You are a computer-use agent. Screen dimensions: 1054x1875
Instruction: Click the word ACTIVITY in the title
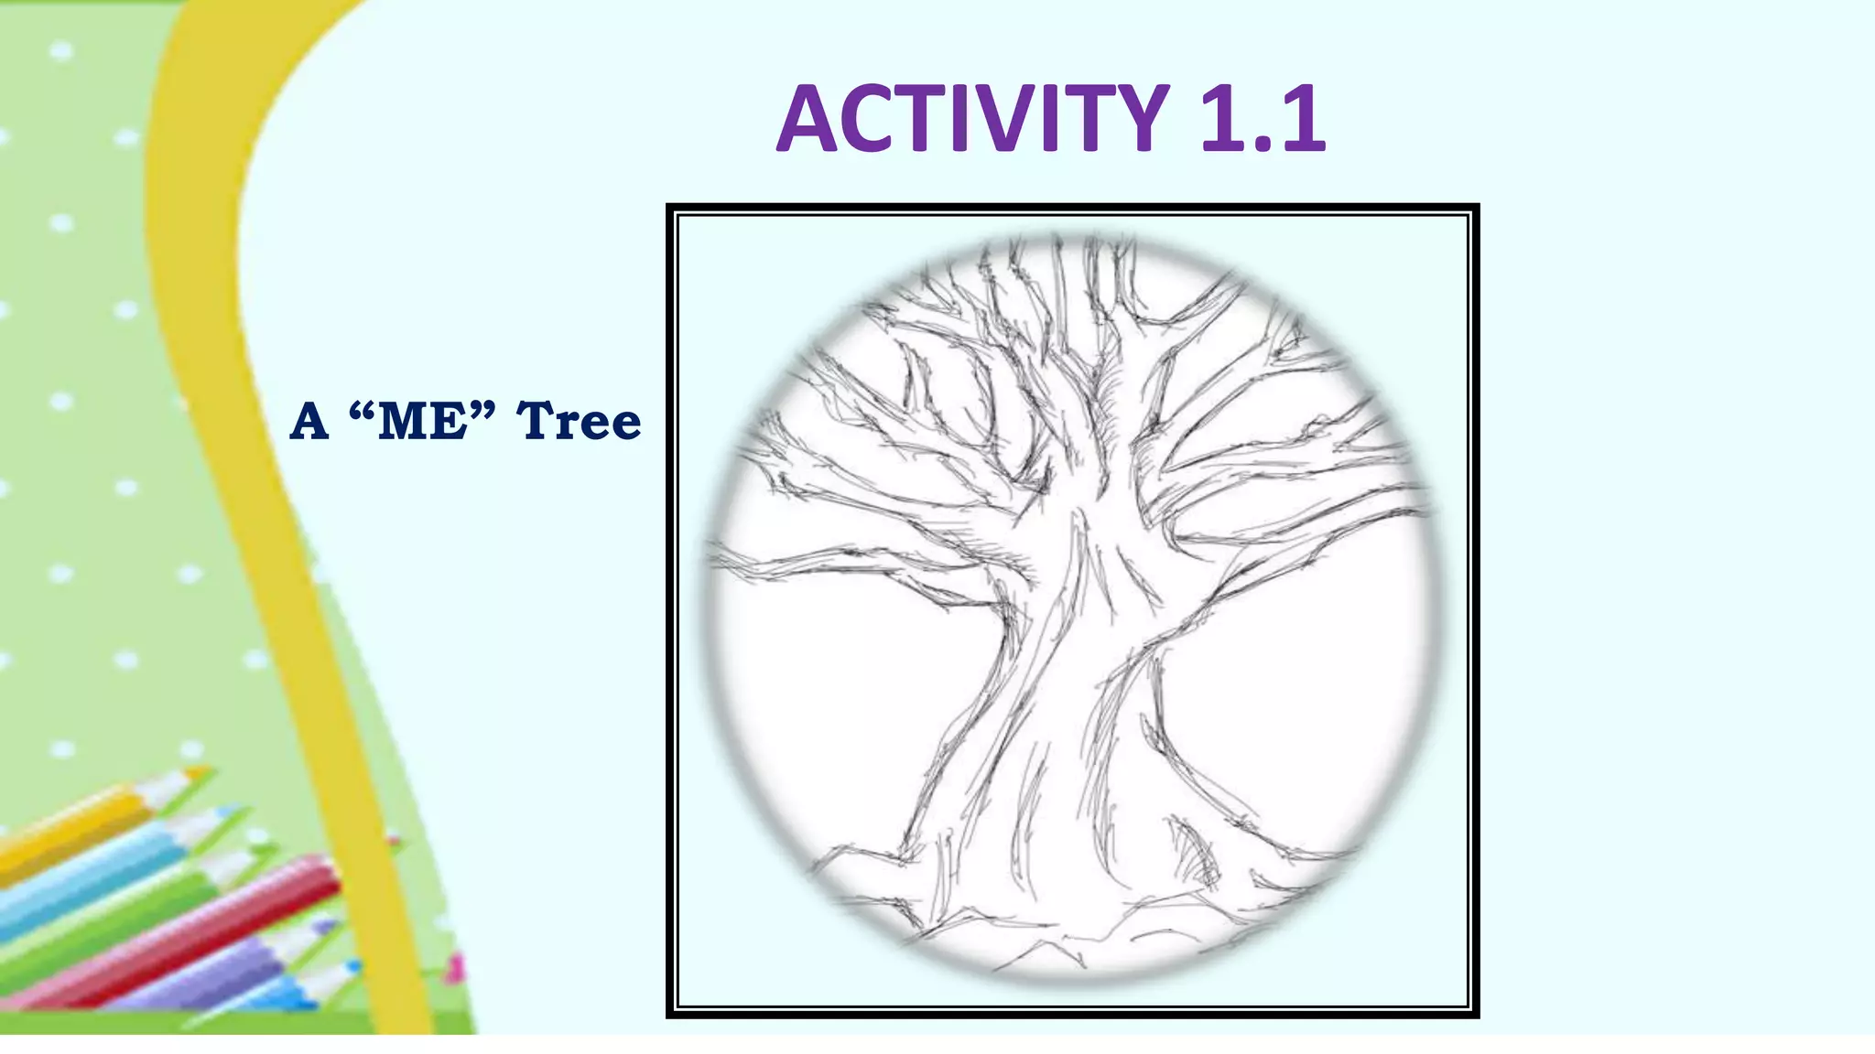(x=972, y=119)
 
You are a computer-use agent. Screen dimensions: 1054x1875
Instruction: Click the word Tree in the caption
(x=579, y=422)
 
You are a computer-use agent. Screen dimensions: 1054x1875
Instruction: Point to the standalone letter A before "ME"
(x=309, y=422)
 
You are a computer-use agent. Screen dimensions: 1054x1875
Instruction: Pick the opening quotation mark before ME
(x=363, y=410)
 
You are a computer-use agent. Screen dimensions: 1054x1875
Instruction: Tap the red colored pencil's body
(x=183, y=933)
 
